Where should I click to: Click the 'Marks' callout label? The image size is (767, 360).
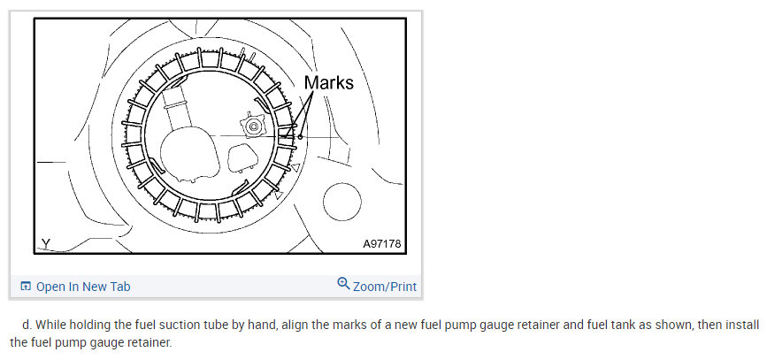point(329,82)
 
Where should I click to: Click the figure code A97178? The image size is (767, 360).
point(382,243)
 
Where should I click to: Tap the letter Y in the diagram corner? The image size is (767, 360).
point(46,243)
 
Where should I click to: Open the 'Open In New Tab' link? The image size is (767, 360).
point(83,287)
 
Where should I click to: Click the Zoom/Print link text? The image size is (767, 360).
point(385,287)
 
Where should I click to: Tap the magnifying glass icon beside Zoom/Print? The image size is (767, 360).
point(344,283)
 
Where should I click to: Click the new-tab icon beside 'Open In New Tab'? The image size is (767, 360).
point(26,286)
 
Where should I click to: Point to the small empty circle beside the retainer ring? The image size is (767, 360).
point(342,202)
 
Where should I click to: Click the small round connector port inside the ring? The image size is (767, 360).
point(253,126)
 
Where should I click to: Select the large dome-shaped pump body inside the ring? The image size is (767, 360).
point(190,154)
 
